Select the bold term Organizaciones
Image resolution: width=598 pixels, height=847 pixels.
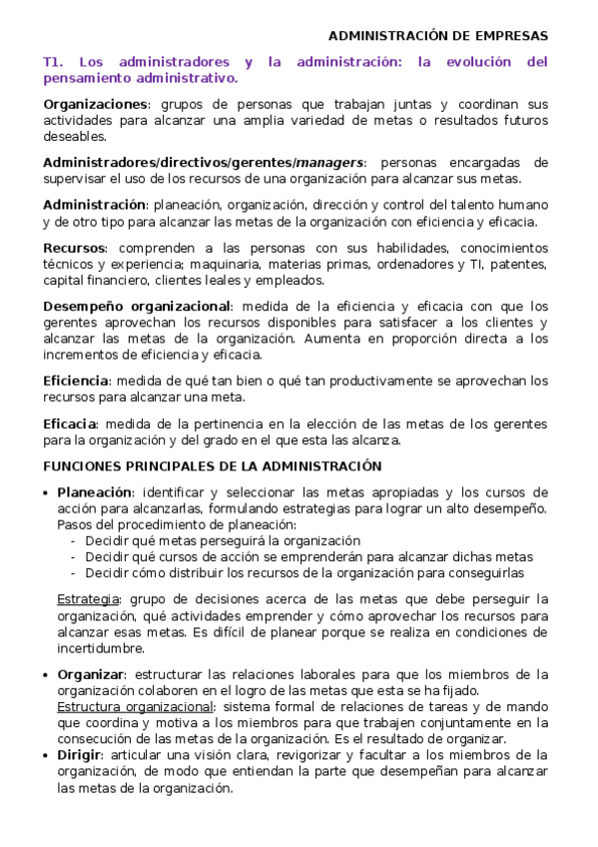point(95,105)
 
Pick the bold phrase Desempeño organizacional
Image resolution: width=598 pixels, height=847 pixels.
point(137,307)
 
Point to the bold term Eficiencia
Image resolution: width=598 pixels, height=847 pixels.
point(75,381)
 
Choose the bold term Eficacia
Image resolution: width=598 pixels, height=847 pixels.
point(70,423)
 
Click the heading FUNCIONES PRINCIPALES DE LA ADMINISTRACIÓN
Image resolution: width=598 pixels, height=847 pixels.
point(212,466)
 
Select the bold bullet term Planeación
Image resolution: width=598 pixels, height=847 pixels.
point(95,492)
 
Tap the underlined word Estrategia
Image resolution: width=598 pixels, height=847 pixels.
point(88,599)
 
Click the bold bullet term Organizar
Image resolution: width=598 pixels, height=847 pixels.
point(91,674)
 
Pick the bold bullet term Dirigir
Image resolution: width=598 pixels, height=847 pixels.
point(79,755)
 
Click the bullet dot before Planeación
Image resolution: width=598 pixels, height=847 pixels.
point(47,493)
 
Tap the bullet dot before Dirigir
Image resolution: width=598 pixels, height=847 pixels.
point(47,756)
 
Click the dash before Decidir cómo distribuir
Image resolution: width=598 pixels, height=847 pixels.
point(74,573)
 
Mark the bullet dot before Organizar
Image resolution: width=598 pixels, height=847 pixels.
point(47,675)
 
